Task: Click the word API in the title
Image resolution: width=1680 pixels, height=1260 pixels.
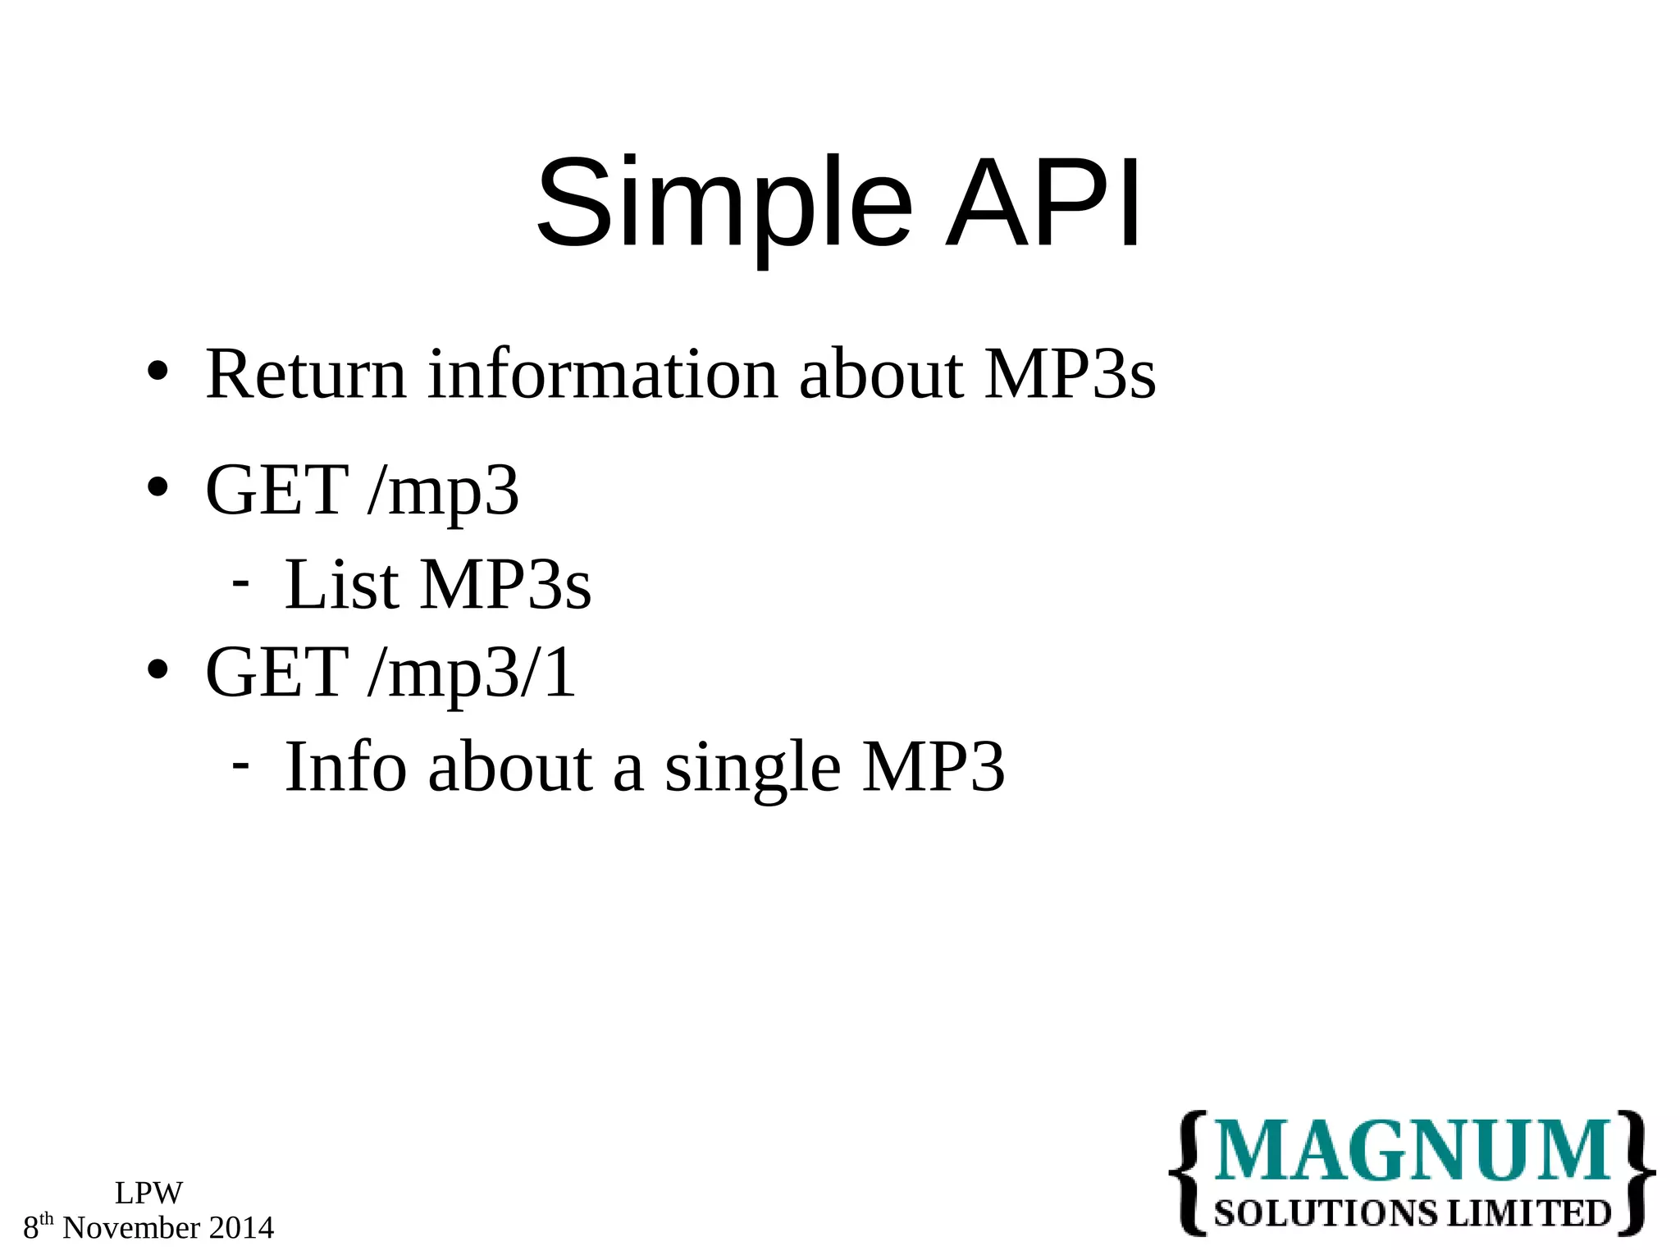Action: point(1043,203)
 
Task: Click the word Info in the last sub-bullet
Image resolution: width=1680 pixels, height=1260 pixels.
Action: point(345,767)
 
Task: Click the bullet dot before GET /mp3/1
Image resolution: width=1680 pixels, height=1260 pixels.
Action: point(157,670)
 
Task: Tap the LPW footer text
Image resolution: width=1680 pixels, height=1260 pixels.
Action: point(148,1193)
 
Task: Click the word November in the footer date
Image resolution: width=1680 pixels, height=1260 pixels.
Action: point(131,1228)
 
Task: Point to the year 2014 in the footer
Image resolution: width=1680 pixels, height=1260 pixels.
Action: point(241,1228)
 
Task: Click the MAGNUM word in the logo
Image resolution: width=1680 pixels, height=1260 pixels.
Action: point(1412,1152)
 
